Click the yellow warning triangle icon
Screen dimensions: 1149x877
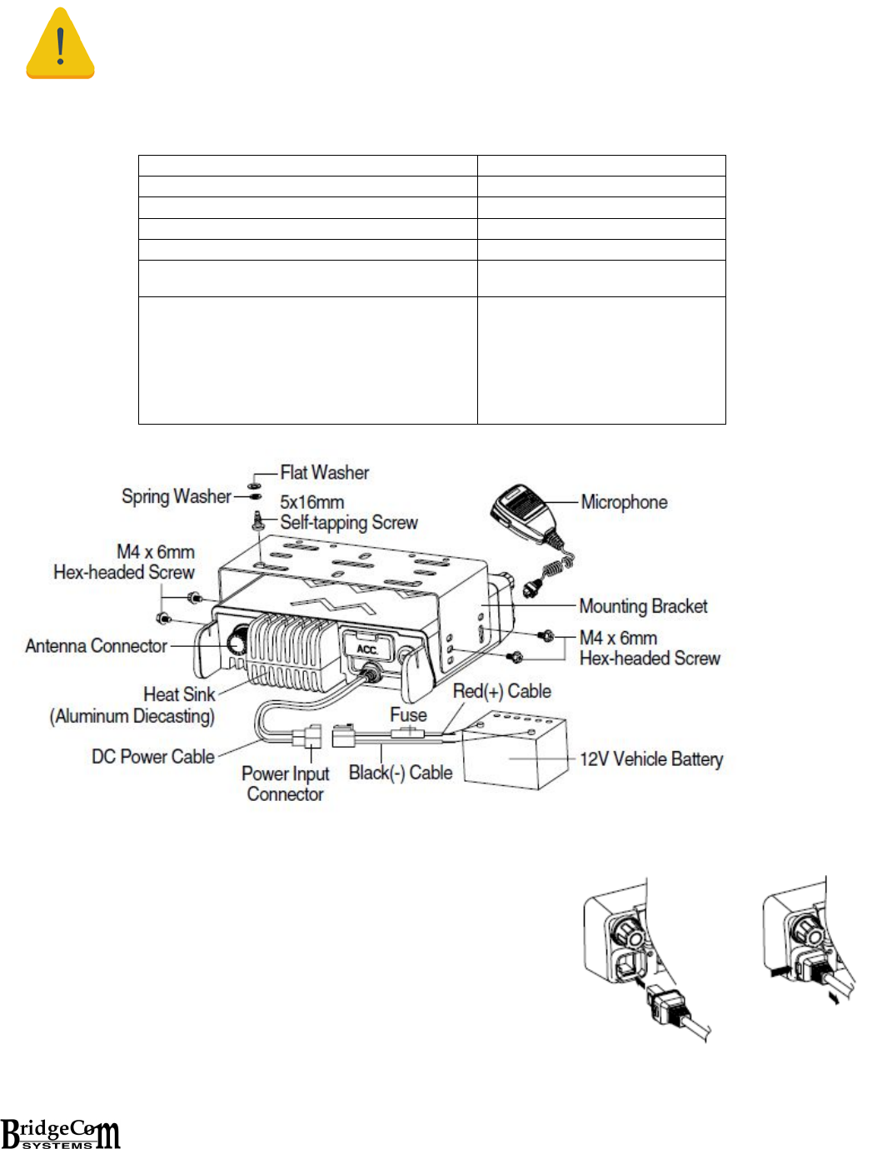(x=60, y=45)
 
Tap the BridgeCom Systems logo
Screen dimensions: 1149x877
(x=61, y=1133)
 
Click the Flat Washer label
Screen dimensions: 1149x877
(x=324, y=473)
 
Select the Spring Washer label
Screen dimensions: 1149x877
(x=176, y=497)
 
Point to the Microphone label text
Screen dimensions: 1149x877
(x=624, y=503)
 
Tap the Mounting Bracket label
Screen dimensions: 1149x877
(x=643, y=606)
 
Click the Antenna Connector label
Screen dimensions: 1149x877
(x=96, y=646)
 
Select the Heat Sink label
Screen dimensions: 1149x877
(x=179, y=694)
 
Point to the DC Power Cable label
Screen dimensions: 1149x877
(x=152, y=757)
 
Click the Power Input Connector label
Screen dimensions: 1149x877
(x=285, y=783)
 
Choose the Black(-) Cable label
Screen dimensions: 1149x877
(x=400, y=773)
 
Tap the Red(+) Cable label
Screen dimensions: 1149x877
(x=501, y=691)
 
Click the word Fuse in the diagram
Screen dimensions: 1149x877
(x=408, y=715)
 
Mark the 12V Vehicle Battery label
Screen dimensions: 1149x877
(x=651, y=759)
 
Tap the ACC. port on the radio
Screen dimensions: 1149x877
(x=367, y=648)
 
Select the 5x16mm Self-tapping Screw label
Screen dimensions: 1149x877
(x=348, y=513)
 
